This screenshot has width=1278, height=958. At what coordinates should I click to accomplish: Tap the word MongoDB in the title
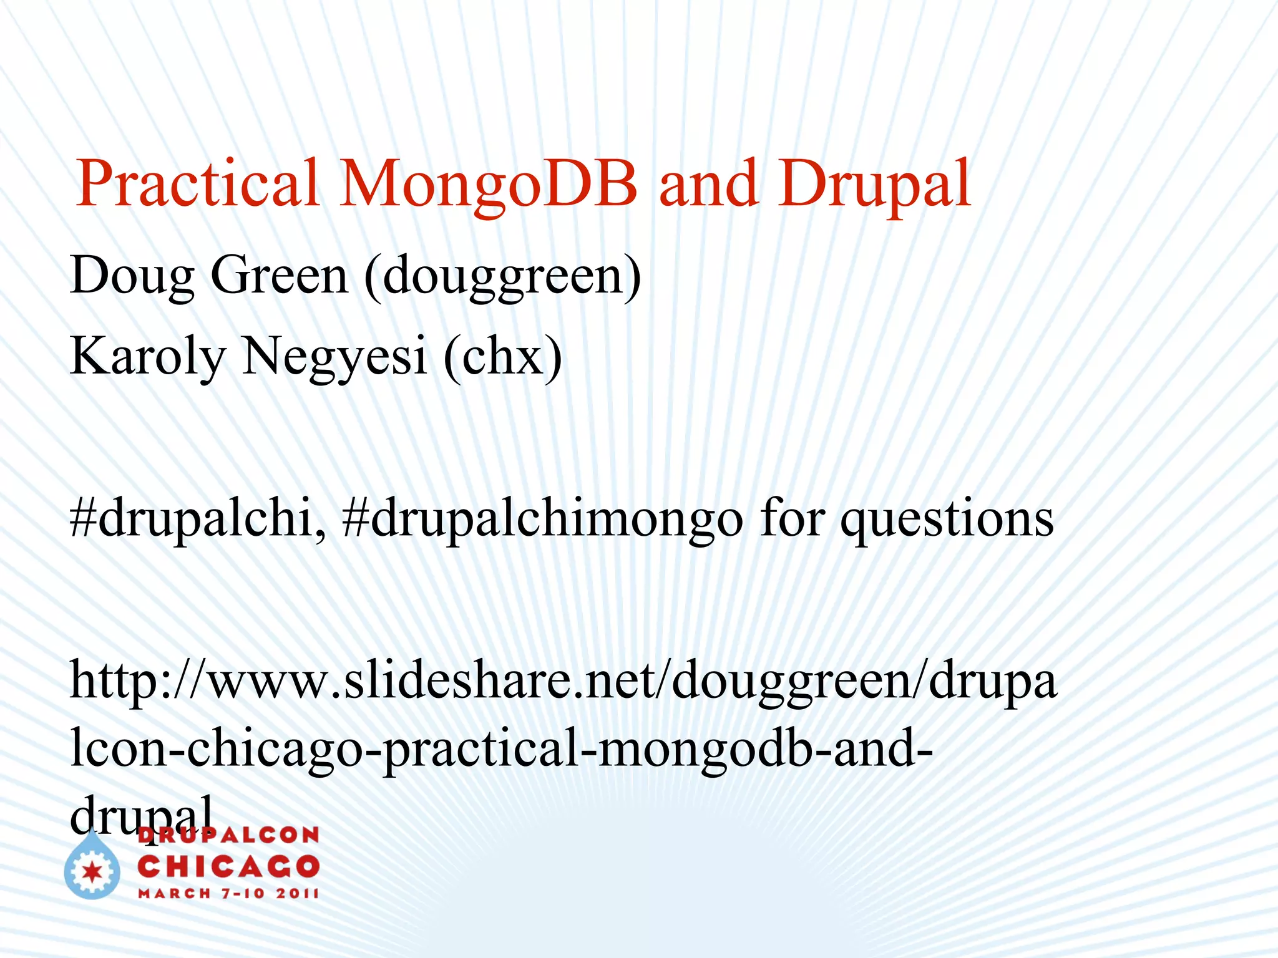click(489, 183)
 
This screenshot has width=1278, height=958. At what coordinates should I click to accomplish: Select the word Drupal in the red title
click(874, 183)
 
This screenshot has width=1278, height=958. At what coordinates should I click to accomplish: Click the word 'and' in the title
click(708, 183)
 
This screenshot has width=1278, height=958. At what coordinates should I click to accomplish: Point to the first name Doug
click(132, 276)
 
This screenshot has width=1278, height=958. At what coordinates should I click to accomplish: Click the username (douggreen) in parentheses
click(503, 276)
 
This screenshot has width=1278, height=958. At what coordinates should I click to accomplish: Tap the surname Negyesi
click(334, 357)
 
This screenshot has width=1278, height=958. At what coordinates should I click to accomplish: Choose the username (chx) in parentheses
click(503, 357)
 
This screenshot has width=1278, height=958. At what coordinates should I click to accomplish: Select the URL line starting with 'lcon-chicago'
click(502, 748)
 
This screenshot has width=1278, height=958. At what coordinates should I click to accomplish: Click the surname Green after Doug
click(279, 276)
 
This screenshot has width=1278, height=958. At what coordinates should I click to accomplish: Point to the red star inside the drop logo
click(92, 872)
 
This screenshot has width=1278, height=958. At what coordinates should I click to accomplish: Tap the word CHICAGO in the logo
click(228, 866)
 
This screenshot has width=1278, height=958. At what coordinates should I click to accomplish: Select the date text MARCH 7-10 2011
click(228, 893)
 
